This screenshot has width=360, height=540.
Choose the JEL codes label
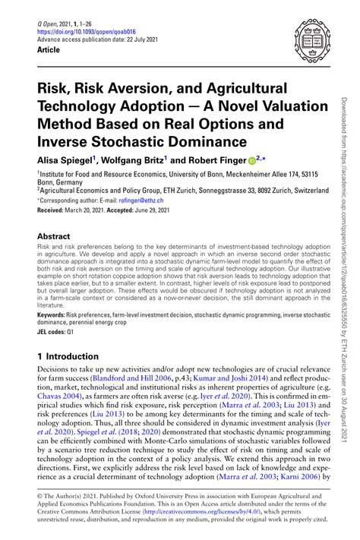pyautogui.click(x=52, y=330)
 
